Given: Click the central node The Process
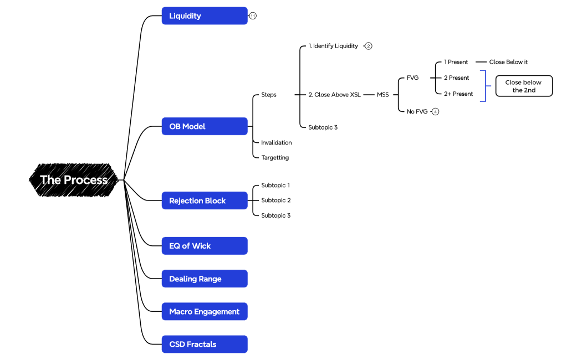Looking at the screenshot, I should [74, 180].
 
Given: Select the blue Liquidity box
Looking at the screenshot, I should [204, 16].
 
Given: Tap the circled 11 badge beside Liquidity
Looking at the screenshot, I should [253, 16].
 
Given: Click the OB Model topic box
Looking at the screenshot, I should [204, 126].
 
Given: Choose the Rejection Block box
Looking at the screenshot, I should [204, 200].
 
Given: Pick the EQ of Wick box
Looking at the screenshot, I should [204, 246].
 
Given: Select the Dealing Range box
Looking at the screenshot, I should [204, 279].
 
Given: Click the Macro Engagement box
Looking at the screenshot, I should [204, 311].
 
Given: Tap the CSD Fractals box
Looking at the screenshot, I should [204, 344].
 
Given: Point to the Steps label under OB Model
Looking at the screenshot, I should [269, 95].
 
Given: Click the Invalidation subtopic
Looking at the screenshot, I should [276, 142].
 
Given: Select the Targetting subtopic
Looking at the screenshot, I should [275, 157].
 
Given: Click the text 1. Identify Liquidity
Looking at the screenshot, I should [333, 46].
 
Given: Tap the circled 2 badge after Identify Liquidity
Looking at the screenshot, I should [369, 46].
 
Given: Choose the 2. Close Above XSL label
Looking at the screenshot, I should [334, 95].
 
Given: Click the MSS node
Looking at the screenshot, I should [382, 95].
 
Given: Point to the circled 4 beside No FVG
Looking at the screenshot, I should [436, 111].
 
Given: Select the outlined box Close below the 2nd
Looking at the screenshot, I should [524, 86].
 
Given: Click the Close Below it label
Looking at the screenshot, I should [508, 62].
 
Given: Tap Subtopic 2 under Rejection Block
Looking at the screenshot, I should [275, 200].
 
